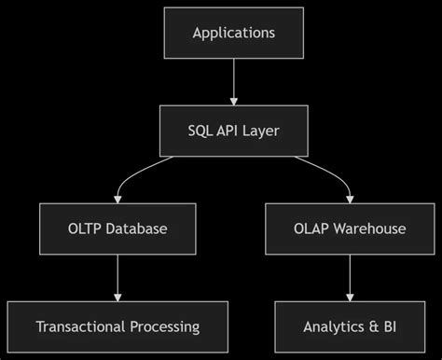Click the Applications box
click(x=233, y=33)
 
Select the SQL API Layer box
click(x=233, y=131)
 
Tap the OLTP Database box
click(x=117, y=228)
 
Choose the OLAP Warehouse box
click(x=349, y=228)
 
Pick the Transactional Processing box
click(x=117, y=326)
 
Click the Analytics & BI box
click(x=349, y=326)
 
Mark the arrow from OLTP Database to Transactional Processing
click(x=117, y=277)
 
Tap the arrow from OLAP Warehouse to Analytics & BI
click(x=349, y=277)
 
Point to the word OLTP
click(x=85, y=228)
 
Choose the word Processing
click(x=164, y=326)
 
